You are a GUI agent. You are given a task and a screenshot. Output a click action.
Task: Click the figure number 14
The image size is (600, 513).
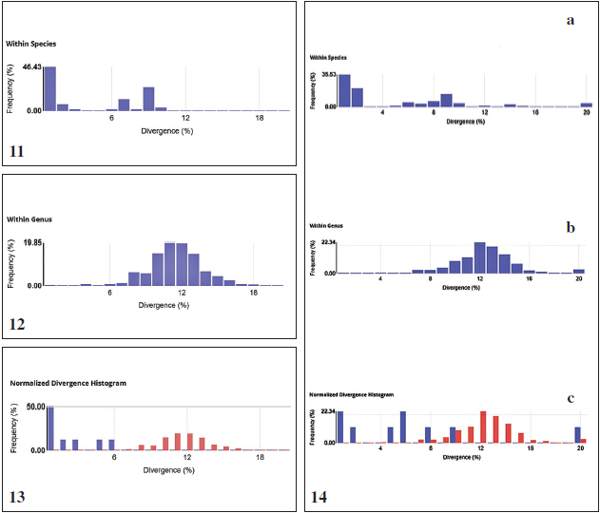(x=321, y=494)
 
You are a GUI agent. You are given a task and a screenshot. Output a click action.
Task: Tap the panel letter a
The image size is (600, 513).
(x=570, y=21)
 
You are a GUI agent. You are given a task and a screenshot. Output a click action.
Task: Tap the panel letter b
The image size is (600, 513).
(x=571, y=228)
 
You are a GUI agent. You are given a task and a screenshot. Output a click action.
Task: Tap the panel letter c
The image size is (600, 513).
(x=571, y=398)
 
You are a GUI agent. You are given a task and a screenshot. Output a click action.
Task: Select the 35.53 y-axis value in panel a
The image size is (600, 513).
(x=325, y=74)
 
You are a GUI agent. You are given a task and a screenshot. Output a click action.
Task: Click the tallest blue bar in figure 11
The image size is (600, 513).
(x=49, y=88)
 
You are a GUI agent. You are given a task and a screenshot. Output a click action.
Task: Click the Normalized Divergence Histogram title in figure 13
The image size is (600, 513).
(x=68, y=383)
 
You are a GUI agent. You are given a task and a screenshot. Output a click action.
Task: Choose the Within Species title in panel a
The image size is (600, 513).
(x=328, y=58)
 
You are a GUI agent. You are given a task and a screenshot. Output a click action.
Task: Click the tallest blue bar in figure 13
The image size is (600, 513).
(x=49, y=428)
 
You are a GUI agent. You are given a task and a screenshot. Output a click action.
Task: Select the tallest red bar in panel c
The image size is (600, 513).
(x=483, y=427)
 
